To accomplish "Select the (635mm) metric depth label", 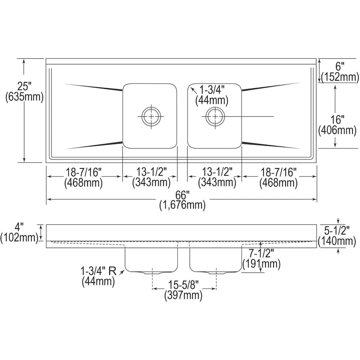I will tap(24, 97).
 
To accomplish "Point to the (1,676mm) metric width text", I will tap(182, 206).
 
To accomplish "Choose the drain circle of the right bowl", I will tap(215, 116).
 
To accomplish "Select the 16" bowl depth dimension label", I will tap(337, 119).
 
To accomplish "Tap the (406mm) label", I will tap(337, 130).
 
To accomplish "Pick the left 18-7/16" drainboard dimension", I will tap(84, 172).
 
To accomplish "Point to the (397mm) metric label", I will tap(183, 296).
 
